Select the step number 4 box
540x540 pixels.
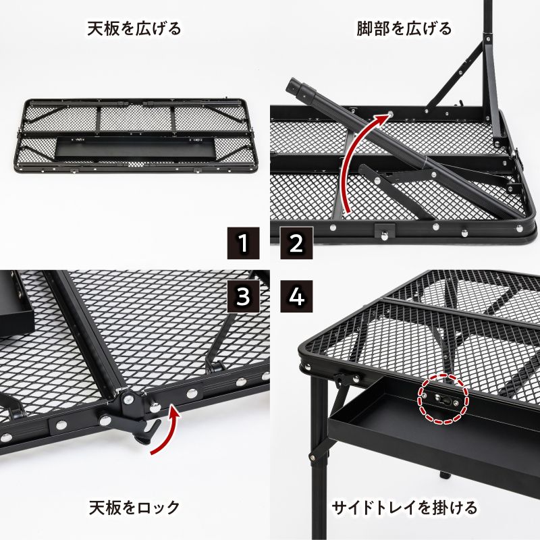click(x=295, y=295)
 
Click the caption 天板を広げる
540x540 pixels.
click(x=134, y=29)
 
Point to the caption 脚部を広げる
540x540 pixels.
click(x=404, y=29)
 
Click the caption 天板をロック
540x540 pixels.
click(x=134, y=506)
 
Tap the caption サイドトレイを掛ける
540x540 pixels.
click(x=404, y=506)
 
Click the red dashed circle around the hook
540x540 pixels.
click(x=442, y=399)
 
